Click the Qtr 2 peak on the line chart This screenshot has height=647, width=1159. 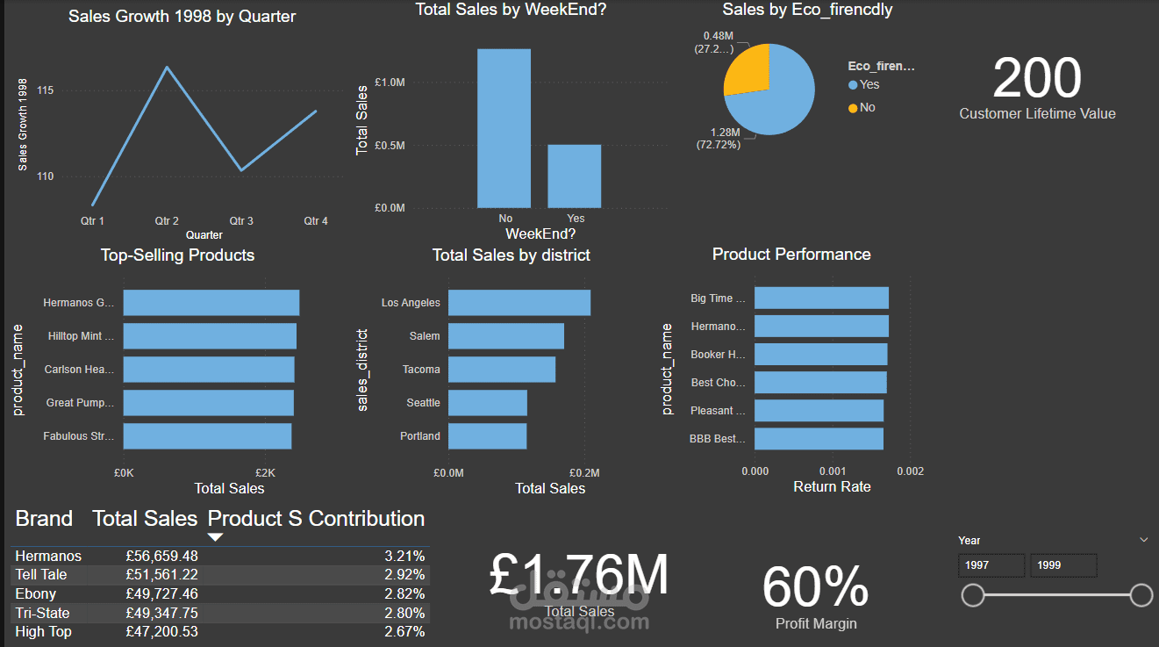click(x=167, y=68)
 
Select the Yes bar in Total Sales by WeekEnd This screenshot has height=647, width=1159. click(x=575, y=176)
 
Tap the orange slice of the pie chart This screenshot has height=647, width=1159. click(x=748, y=69)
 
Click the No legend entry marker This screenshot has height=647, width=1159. click(x=854, y=108)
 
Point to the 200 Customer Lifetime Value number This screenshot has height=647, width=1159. click(x=1037, y=78)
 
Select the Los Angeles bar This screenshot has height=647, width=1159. click(x=519, y=303)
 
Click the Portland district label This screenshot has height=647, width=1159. click(x=420, y=436)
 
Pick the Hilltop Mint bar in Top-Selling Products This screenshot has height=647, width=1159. click(x=210, y=336)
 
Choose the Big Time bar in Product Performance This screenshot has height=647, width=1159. click(x=821, y=298)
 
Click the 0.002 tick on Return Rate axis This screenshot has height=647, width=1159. click(x=910, y=471)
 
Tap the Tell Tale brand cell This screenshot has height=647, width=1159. click(x=41, y=575)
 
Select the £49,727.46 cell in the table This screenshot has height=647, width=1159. click(x=161, y=594)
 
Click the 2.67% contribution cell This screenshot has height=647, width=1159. click(x=404, y=632)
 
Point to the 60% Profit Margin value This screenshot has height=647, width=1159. click(x=815, y=587)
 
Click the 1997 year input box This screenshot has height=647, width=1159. click(x=991, y=565)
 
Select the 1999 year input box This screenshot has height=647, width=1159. click(x=1062, y=565)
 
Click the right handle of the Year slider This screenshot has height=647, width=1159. click(x=1141, y=596)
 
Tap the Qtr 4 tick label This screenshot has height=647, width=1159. click(x=316, y=221)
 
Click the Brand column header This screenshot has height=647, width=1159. click(x=44, y=519)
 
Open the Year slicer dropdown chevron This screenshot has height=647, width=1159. click(x=1143, y=540)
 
